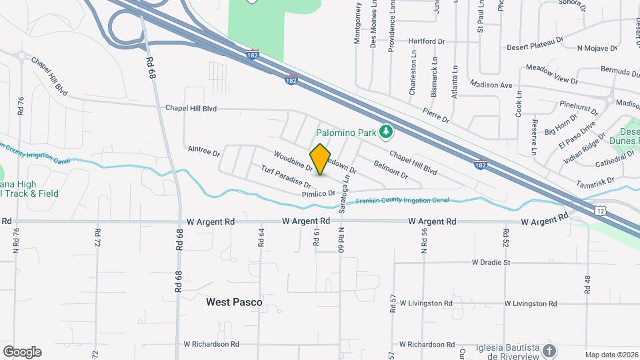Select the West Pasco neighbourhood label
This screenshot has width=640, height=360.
click(234, 302)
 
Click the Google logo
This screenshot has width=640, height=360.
click(22, 351)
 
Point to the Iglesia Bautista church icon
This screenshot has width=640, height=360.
click(549, 350)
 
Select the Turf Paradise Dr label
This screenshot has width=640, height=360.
click(286, 176)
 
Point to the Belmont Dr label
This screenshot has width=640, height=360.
click(391, 169)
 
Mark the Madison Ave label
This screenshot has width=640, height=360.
click(491, 85)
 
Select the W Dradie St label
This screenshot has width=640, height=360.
click(491, 263)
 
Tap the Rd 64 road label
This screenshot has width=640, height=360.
click(261, 238)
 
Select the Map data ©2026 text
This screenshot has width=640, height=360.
click(611, 355)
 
